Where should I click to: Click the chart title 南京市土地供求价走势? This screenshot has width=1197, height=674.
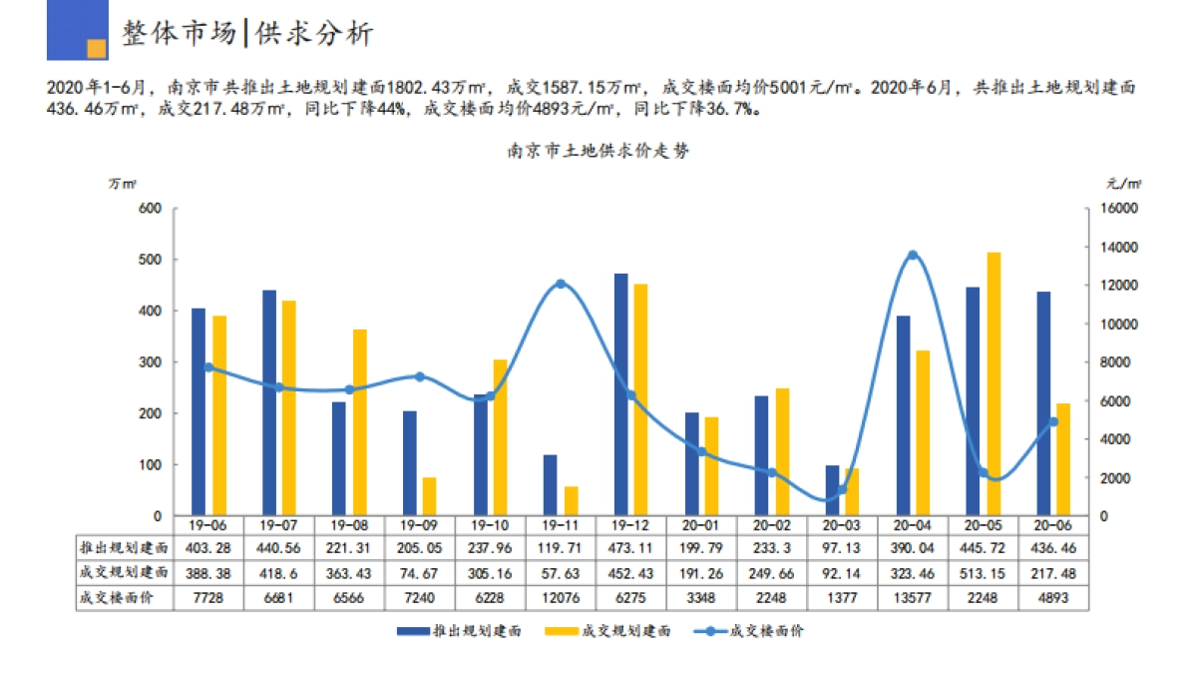pyautogui.click(x=598, y=152)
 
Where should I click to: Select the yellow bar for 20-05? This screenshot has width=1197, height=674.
pyautogui.click(x=994, y=384)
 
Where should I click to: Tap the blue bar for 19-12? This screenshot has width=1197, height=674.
pyautogui.click(x=621, y=394)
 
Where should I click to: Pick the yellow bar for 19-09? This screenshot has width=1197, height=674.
pyautogui.click(x=430, y=496)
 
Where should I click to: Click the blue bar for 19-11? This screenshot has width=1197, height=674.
pyautogui.click(x=551, y=485)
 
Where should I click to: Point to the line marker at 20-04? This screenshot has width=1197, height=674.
pyautogui.click(x=912, y=255)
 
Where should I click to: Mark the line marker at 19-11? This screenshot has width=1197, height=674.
pyautogui.click(x=561, y=284)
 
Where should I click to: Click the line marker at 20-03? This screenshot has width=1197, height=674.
pyautogui.click(x=842, y=489)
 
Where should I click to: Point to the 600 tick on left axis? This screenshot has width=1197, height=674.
pyautogui.click(x=150, y=209)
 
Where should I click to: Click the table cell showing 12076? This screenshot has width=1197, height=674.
pyautogui.click(x=561, y=597)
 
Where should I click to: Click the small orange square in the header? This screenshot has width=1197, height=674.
pyautogui.click(x=97, y=48)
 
